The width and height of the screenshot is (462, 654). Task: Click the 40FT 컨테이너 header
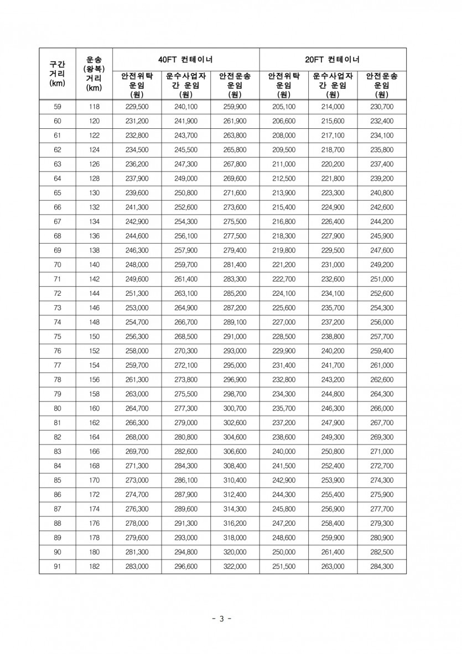click(x=186, y=59)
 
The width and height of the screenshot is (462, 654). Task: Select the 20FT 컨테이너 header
click(x=333, y=59)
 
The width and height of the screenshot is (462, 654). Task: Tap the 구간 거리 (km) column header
click(x=58, y=74)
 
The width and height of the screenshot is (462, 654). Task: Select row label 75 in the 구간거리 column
click(x=58, y=337)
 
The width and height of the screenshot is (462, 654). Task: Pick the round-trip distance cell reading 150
click(x=94, y=337)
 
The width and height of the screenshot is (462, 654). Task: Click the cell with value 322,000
click(x=235, y=567)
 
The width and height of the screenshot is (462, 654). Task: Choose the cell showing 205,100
click(x=284, y=107)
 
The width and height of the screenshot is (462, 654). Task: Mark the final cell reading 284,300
click(x=382, y=567)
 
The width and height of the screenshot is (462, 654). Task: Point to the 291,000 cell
click(x=235, y=337)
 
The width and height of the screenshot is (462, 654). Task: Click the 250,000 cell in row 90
click(x=284, y=552)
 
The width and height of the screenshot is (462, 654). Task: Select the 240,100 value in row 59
click(x=186, y=107)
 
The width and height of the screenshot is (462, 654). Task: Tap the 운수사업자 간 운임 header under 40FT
click(x=186, y=85)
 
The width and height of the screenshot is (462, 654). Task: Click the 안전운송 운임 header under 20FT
click(x=382, y=85)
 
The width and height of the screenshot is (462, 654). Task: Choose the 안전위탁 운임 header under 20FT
click(x=284, y=85)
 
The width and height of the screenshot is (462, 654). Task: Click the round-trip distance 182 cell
click(x=94, y=567)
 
